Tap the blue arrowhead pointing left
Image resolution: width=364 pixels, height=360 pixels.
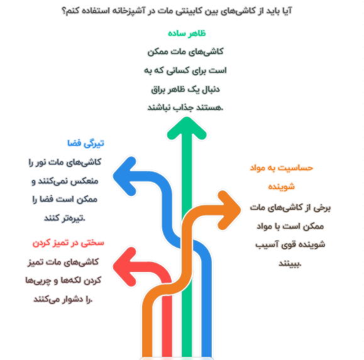(x=124, y=176)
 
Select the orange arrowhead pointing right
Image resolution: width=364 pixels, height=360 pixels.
(x=229, y=210)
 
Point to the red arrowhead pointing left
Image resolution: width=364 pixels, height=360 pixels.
(x=124, y=266)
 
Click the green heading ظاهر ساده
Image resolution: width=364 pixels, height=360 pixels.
(x=187, y=33)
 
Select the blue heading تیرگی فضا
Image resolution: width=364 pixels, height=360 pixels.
(x=85, y=143)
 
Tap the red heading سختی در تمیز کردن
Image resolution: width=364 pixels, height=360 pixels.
(x=69, y=243)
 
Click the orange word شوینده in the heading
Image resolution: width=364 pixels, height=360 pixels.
(x=282, y=187)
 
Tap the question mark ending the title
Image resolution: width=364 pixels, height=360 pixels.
(x=63, y=11)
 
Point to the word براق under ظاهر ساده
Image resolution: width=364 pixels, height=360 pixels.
(x=158, y=90)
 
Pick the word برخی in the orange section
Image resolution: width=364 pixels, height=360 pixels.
(x=322, y=208)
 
